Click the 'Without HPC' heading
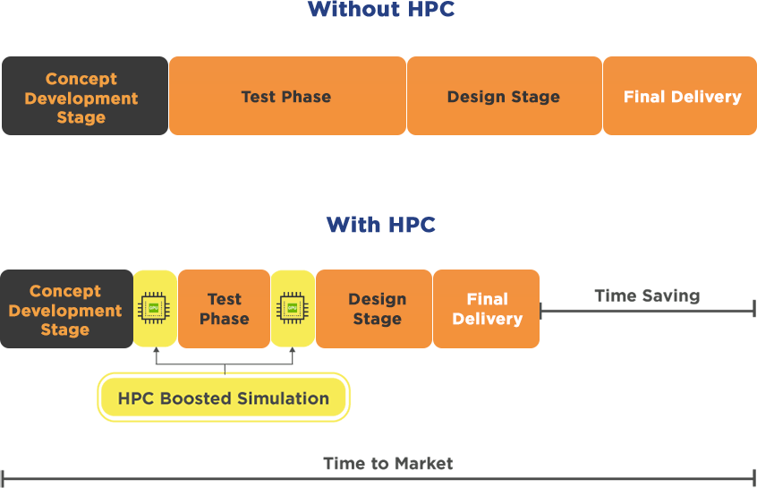[x=380, y=10]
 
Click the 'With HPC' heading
[x=380, y=224]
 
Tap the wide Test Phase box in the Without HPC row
[x=286, y=97]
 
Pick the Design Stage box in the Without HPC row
[x=504, y=97]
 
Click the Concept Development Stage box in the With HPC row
[x=65, y=310]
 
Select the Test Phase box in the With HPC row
[x=224, y=309]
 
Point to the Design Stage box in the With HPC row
[x=377, y=309]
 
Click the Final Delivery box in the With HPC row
[x=487, y=309]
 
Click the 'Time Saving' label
[x=647, y=295]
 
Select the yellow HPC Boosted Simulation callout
[x=224, y=398]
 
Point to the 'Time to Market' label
[x=388, y=464]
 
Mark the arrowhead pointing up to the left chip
[x=155, y=352]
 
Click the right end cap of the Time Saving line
[x=754, y=311]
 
